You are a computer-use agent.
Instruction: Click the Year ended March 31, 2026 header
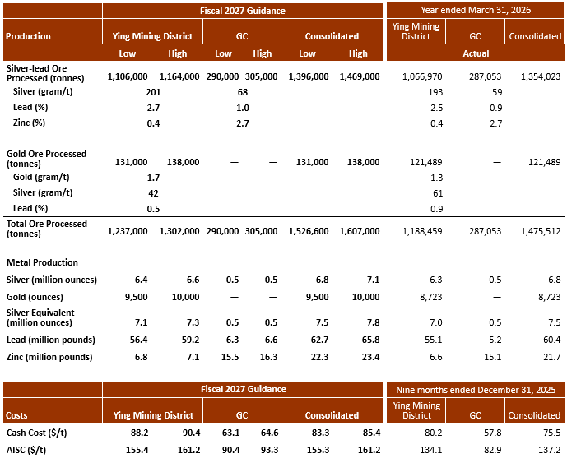point(476,10)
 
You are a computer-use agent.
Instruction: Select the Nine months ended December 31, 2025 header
point(476,390)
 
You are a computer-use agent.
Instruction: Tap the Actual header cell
point(476,53)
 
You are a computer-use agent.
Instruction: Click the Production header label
point(28,36)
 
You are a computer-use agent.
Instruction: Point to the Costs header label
point(16,415)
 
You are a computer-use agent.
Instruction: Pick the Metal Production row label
point(42,262)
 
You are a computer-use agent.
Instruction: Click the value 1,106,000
point(128,76)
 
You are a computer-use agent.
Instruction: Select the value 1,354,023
point(541,76)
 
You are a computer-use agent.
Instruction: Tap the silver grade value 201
point(153,92)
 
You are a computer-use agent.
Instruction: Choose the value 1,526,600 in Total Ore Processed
point(309,231)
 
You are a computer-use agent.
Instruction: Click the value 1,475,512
point(541,231)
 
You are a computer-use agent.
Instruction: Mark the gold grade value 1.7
point(153,178)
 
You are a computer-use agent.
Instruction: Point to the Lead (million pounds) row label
point(51,340)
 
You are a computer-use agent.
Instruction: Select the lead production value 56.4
point(138,340)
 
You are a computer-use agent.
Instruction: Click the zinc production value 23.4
point(370,357)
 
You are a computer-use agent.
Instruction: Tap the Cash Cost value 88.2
point(140,433)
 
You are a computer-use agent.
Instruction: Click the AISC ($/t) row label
point(26,450)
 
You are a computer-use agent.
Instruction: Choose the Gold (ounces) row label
point(35,297)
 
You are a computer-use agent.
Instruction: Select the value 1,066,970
point(422,76)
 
